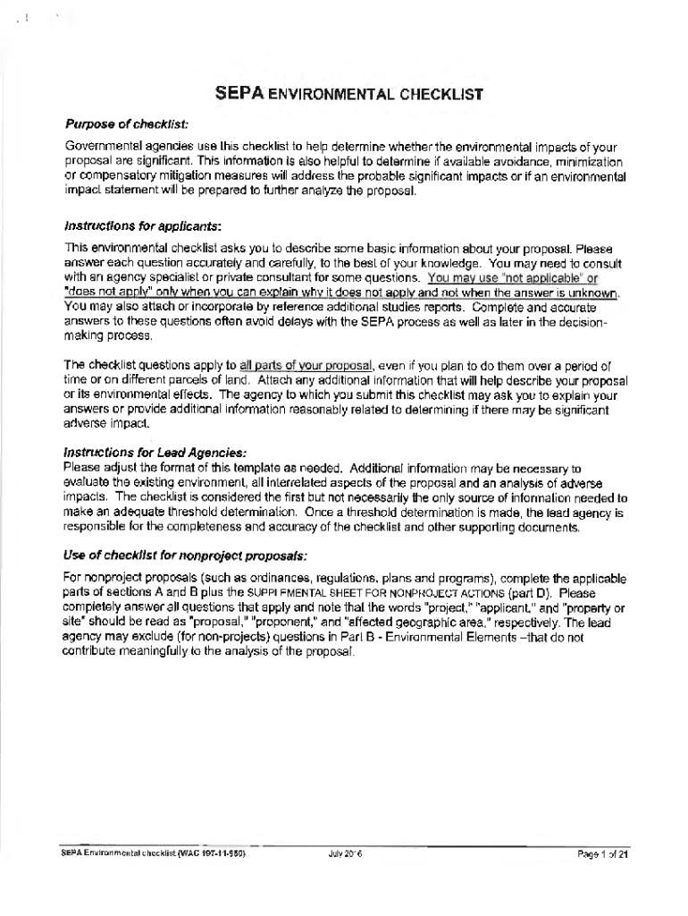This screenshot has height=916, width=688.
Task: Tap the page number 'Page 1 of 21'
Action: coord(603,854)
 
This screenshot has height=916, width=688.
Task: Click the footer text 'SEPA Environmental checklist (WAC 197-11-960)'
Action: coord(147,854)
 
